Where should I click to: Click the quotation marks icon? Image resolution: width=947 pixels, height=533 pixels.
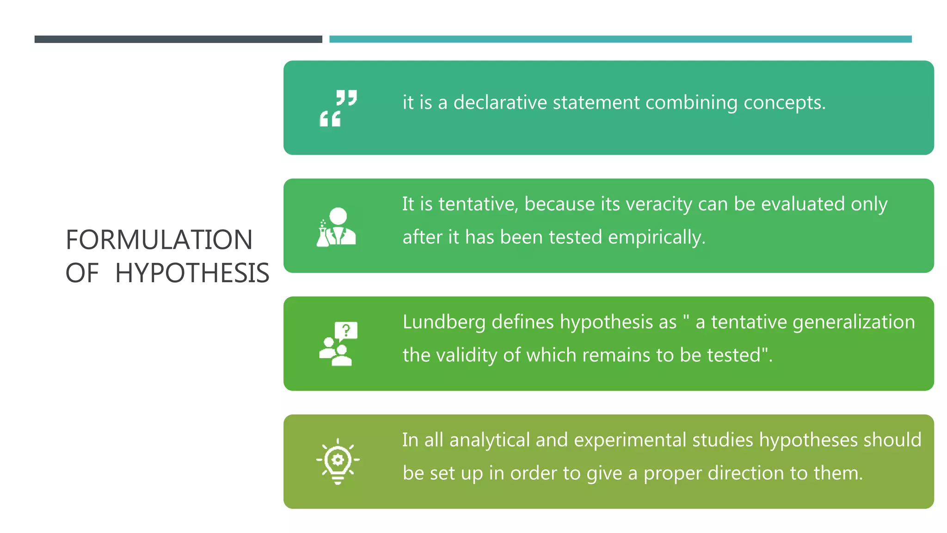tap(338, 108)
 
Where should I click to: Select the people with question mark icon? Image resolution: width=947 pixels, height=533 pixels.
tap(338, 344)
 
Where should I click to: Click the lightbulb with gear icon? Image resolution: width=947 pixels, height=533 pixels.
tap(338, 461)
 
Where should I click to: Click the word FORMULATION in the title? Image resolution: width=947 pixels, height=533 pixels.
tap(159, 240)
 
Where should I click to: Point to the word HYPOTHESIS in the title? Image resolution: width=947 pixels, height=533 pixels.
tap(192, 273)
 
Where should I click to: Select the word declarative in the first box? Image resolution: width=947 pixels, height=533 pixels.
tap(500, 102)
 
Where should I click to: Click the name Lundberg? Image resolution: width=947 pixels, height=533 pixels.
tap(443, 322)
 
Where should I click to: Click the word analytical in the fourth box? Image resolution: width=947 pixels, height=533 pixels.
tap(489, 440)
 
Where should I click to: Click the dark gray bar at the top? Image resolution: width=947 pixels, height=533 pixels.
tap(178, 39)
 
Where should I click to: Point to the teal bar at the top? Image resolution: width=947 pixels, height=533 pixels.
tap(620, 39)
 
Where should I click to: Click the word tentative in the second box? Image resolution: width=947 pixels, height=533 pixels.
tap(478, 204)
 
